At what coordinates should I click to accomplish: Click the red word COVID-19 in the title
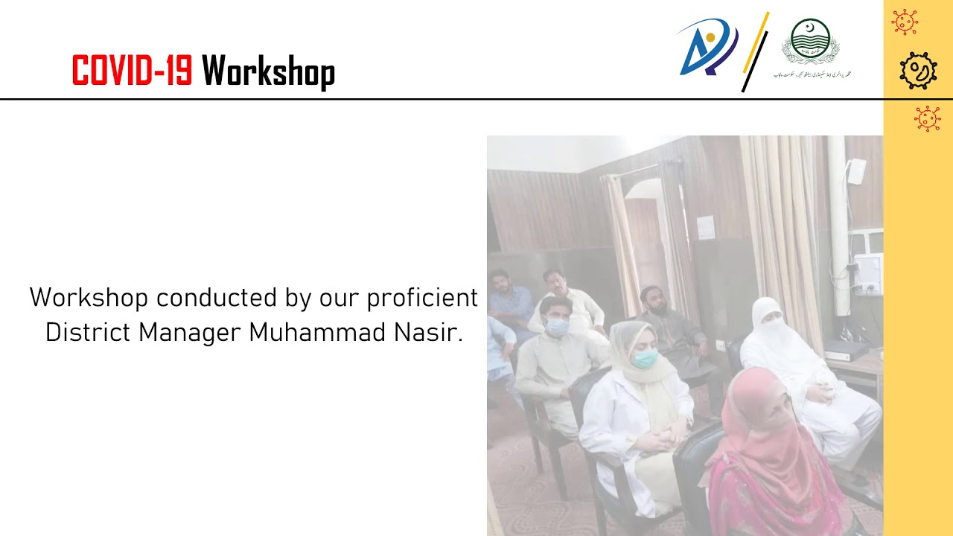pos(131,72)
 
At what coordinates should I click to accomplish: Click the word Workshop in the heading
pos(268,72)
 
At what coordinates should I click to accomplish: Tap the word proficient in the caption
pos(422,298)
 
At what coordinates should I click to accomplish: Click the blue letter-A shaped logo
pos(707,48)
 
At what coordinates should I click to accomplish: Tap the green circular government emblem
pos(810,42)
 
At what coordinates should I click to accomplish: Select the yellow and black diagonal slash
pos(755,52)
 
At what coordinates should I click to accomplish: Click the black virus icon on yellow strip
pos(917,71)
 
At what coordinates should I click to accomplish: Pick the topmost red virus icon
pos(905,22)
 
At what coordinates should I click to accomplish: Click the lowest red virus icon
pos(927,118)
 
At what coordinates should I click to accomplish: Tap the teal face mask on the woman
pos(645,358)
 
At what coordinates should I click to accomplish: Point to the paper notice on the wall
pos(705,227)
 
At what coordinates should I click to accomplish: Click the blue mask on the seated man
pos(557,326)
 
